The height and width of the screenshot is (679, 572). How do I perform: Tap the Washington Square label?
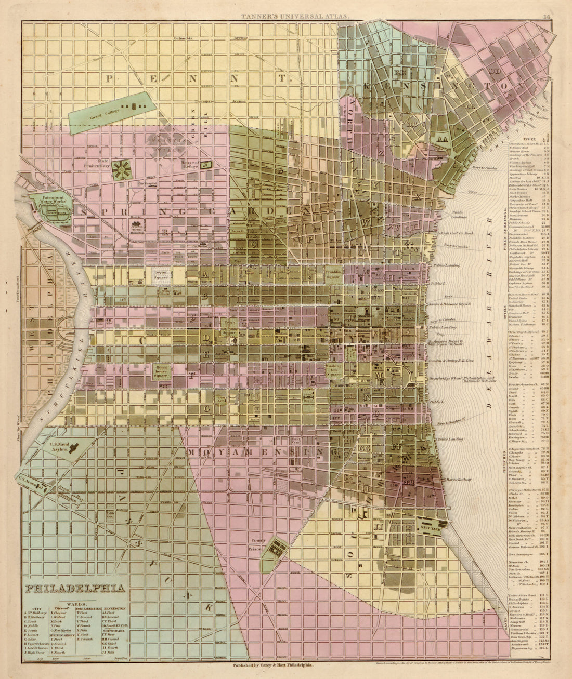333,369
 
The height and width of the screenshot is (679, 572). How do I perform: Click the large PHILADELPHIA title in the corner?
75,588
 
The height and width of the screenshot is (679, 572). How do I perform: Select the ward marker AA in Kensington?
443,139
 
